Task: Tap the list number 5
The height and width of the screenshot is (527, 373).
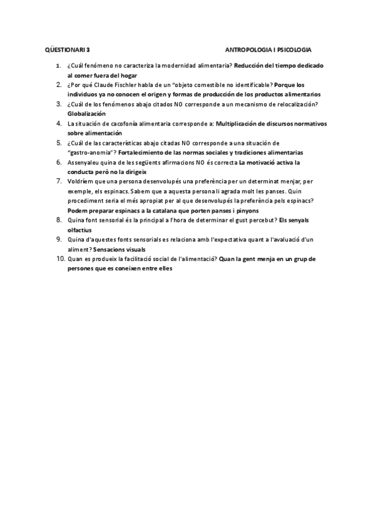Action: coord(58,143)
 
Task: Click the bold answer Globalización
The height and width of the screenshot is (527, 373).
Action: coord(86,114)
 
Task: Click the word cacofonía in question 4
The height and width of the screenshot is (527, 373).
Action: coord(119,124)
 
